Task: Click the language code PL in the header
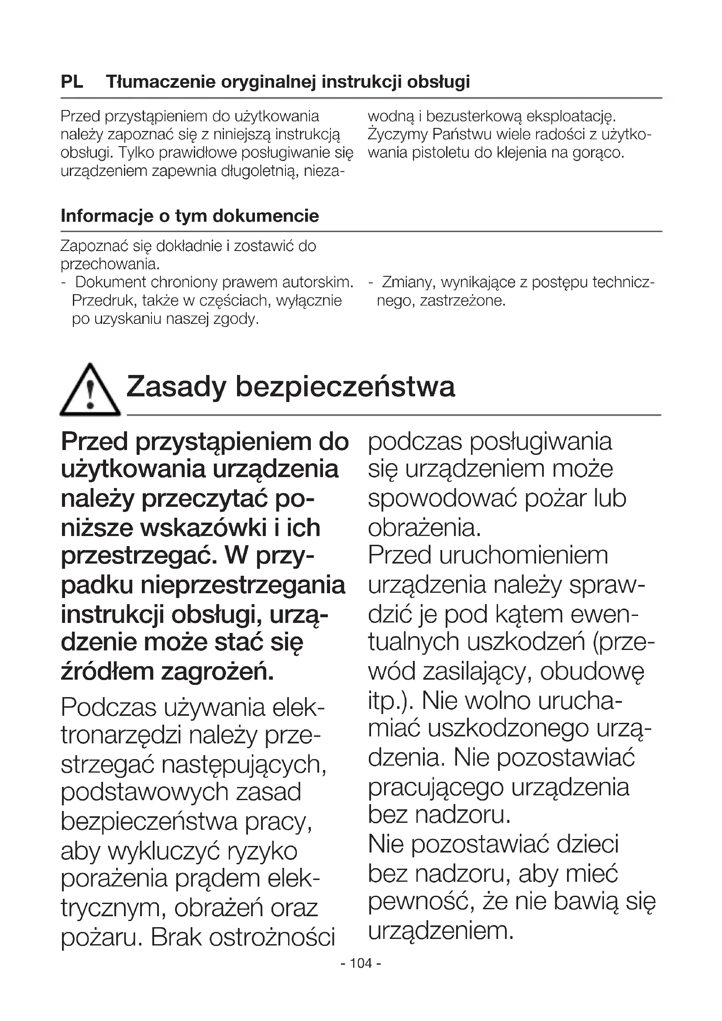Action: pos(72,82)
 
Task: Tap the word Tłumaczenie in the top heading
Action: pos(161,82)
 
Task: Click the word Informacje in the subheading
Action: pos(105,216)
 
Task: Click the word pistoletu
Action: pos(441,153)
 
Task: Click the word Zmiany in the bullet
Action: pos(408,282)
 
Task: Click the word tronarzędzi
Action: pos(121,736)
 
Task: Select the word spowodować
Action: pos(443,498)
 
